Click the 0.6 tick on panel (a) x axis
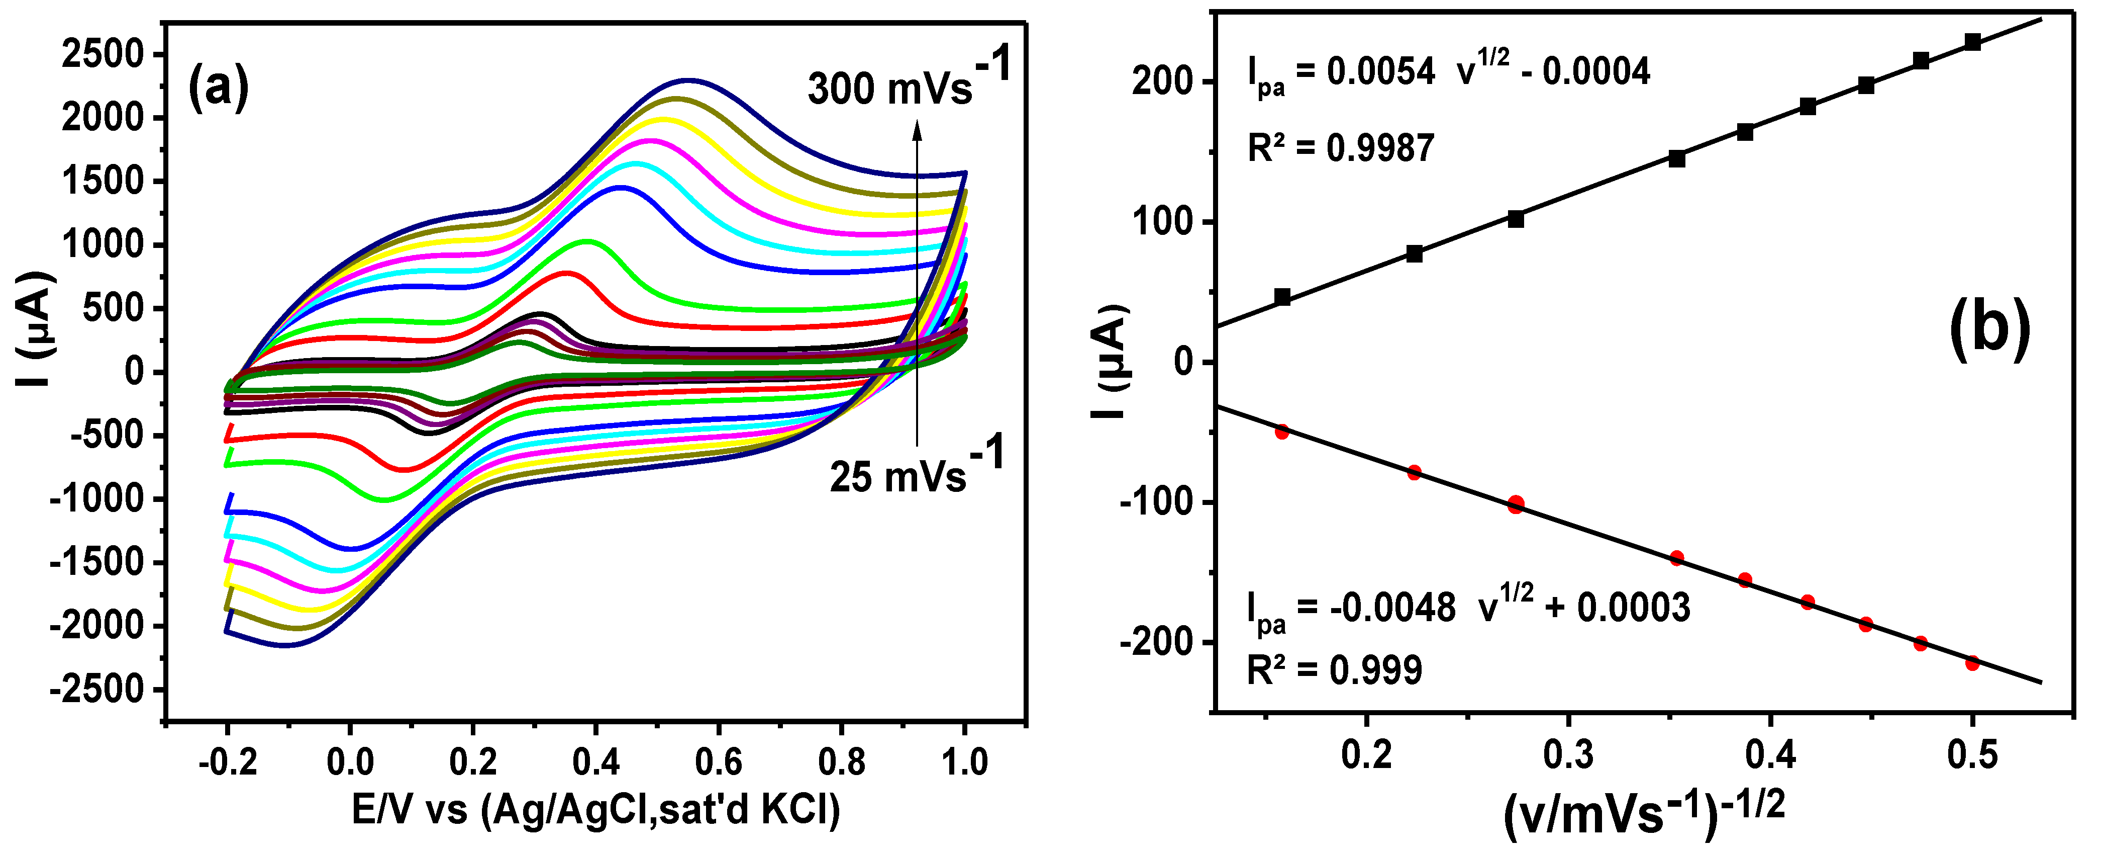pos(719,761)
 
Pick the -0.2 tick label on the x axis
pos(227,761)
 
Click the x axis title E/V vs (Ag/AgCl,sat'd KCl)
pos(595,810)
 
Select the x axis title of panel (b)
pos(1643,813)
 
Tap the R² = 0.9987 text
pos(1341,148)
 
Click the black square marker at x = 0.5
pos(1972,42)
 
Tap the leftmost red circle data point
pos(1282,432)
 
